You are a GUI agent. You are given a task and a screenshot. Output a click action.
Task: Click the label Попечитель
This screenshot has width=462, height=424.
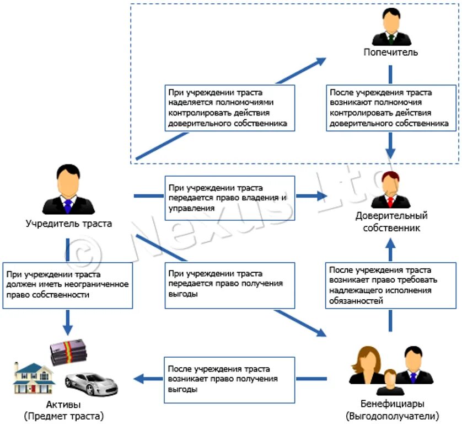pos(390,52)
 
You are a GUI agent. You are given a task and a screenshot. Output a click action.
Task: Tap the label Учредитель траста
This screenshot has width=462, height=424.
pos(69,224)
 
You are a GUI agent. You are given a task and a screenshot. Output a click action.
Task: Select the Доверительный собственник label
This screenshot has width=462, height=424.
pos(391,221)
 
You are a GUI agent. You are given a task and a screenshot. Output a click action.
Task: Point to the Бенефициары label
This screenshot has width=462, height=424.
pos(393,404)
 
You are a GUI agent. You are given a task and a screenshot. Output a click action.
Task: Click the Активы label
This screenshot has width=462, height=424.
pos(63,404)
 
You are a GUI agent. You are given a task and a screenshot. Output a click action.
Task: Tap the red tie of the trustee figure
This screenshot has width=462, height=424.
pos(390,202)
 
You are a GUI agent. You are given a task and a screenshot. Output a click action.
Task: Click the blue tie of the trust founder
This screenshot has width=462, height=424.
pos(68,206)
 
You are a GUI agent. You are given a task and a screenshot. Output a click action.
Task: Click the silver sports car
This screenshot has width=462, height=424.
pos(91,384)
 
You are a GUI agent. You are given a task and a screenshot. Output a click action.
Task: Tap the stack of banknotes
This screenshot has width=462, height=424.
pos(69,352)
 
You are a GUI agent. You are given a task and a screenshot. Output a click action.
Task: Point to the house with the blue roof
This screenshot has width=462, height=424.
pos(34,378)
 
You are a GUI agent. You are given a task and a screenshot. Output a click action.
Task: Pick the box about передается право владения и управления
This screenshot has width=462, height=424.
pos(230,198)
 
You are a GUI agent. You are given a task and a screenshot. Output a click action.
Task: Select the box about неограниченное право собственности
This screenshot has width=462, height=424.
pos(67,285)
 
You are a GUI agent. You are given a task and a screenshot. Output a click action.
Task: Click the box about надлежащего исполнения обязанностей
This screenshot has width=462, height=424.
pos(391,285)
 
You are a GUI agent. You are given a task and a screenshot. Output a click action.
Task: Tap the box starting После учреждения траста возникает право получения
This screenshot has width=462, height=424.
pos(229,380)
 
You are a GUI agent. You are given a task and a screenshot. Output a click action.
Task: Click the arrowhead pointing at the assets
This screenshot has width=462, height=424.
pos(138,379)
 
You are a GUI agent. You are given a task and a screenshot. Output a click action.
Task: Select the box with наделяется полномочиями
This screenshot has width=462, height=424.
pos(230,108)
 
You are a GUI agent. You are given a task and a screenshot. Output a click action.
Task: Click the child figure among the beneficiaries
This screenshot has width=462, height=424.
pos(390,383)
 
